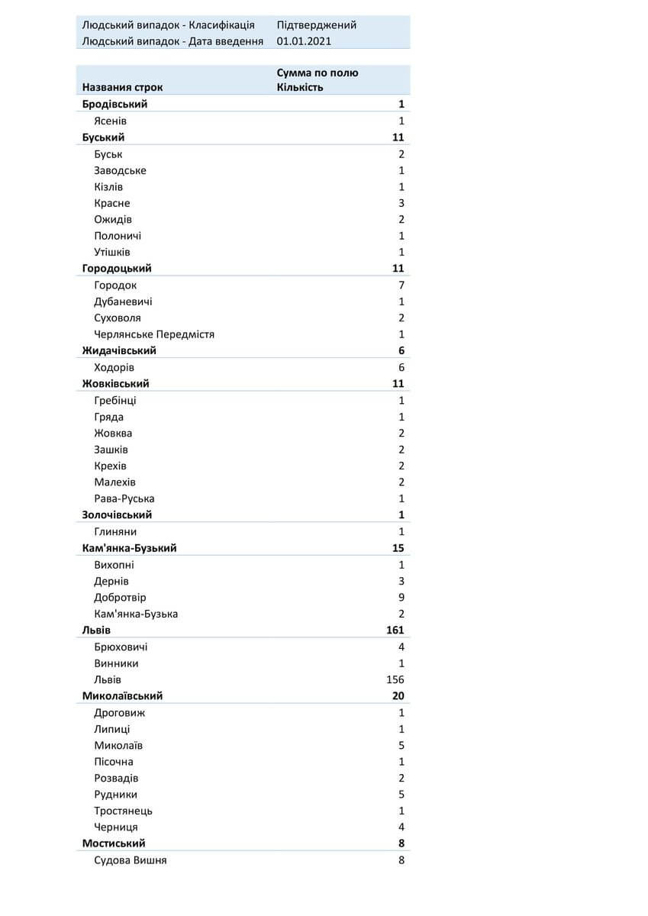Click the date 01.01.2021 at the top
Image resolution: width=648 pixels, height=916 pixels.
pos(304,41)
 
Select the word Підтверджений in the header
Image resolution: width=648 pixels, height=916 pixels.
pos(316,24)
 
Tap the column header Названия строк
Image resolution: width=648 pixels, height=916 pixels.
pos(122,87)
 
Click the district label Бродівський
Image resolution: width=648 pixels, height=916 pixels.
pos(114,104)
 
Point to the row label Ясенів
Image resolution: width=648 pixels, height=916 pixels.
pos(111,121)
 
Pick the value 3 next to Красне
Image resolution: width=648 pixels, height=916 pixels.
pos(401,203)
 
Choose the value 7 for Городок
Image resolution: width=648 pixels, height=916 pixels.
pos(401,285)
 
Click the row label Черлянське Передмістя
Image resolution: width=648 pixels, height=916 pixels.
pos(154,334)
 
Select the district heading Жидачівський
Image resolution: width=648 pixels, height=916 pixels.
pos(119,350)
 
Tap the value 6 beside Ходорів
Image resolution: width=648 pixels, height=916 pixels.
pos(401,367)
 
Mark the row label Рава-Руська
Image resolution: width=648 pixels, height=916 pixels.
pos(124,498)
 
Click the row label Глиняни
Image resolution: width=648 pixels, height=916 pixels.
pos(115,531)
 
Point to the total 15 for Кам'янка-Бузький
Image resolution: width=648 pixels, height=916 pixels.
pos(398,548)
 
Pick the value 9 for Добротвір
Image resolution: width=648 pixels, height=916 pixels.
pos(401,597)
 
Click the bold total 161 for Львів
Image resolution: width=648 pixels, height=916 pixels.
pos(395,630)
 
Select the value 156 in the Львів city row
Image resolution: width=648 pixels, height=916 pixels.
pos(395,679)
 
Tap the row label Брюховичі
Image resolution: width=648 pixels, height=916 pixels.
pos(121,647)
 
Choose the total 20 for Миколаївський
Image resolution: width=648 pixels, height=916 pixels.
pos(398,695)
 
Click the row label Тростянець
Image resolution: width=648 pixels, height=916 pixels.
pos(123,811)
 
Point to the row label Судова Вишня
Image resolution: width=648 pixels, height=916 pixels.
pos(130,860)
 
